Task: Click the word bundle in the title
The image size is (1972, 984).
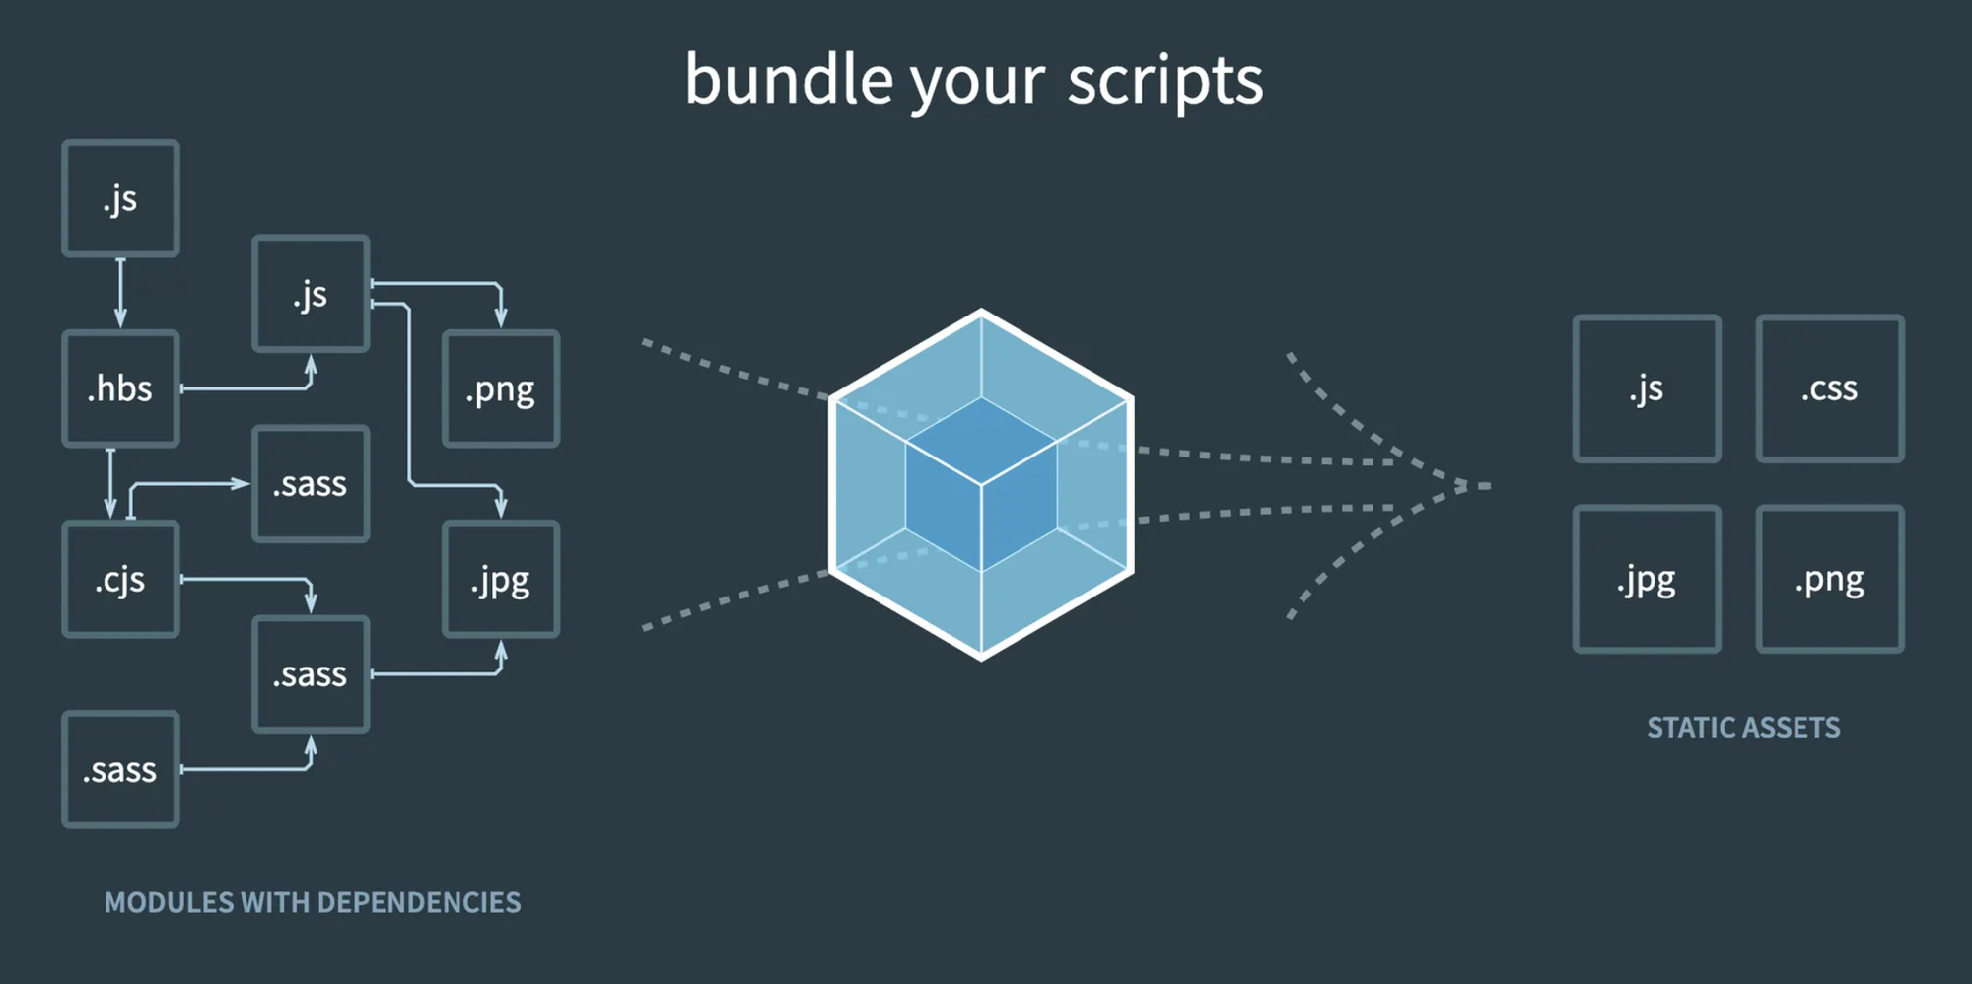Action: pyautogui.click(x=789, y=79)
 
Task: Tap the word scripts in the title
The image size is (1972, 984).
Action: pyautogui.click(x=1164, y=81)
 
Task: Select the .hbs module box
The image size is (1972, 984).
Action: pyautogui.click(x=120, y=388)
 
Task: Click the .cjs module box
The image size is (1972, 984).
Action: pyautogui.click(x=120, y=580)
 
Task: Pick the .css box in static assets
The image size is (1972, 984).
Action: pyautogui.click(x=1829, y=388)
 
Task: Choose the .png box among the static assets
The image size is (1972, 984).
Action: pyautogui.click(x=1829, y=580)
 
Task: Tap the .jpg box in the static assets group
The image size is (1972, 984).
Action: pyautogui.click(x=1647, y=580)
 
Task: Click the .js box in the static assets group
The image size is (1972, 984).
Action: pyautogui.click(x=1647, y=388)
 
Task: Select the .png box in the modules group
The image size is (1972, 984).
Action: pyautogui.click(x=501, y=388)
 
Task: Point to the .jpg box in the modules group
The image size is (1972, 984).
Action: pyautogui.click(x=501, y=580)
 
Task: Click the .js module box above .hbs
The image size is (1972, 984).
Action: pyautogui.click(x=120, y=198)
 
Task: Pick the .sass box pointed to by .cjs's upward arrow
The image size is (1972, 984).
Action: pyautogui.click(x=311, y=484)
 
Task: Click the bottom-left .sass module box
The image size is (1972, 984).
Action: pyautogui.click(x=120, y=769)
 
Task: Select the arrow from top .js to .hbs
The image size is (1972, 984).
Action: pyautogui.click(x=120, y=293)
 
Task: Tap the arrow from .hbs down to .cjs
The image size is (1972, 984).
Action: pyautogui.click(x=110, y=483)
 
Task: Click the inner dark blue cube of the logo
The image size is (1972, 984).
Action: pyautogui.click(x=981, y=484)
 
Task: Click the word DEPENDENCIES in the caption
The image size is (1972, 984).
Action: pyautogui.click(x=419, y=902)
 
